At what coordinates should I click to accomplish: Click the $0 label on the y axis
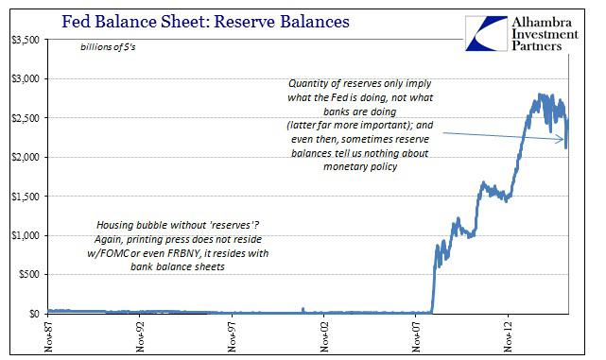(x=32, y=314)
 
